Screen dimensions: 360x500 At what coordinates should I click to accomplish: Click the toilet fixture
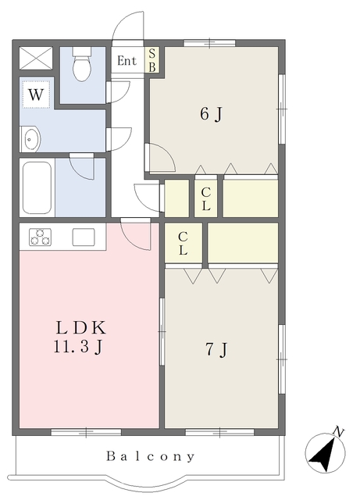(x=82, y=64)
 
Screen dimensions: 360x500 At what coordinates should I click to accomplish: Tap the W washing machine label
(x=36, y=95)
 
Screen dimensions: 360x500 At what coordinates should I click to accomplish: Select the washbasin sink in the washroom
(x=31, y=139)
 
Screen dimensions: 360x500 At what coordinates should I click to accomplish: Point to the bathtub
(x=37, y=187)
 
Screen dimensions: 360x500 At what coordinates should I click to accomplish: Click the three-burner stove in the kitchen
(x=40, y=237)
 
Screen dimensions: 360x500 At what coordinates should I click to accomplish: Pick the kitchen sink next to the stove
(x=84, y=237)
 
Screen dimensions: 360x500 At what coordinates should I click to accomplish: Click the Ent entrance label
(x=127, y=61)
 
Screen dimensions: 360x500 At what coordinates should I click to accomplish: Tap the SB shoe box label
(x=152, y=60)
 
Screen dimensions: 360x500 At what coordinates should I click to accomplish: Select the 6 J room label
(x=211, y=114)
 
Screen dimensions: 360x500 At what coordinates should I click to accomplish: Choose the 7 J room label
(x=216, y=349)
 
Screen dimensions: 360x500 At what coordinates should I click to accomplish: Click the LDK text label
(x=80, y=327)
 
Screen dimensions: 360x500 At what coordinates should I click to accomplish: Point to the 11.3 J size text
(x=78, y=346)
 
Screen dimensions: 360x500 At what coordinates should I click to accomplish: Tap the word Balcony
(x=150, y=456)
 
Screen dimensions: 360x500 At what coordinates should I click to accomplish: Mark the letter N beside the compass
(x=338, y=431)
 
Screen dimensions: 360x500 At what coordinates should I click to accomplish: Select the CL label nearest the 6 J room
(x=206, y=199)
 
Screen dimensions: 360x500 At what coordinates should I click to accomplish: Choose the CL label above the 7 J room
(x=183, y=243)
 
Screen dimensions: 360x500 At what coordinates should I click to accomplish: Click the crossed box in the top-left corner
(x=36, y=58)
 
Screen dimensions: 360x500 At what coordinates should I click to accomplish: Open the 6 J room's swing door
(x=159, y=158)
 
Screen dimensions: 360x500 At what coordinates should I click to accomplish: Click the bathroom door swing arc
(x=82, y=166)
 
